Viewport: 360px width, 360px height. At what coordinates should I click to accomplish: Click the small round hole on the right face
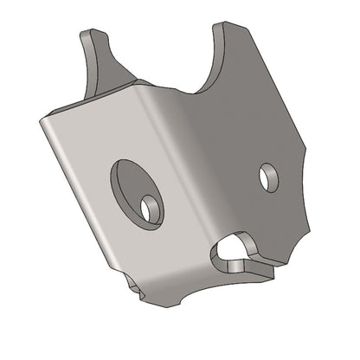tap(269, 177)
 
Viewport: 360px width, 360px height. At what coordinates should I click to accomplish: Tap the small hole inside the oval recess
tap(152, 208)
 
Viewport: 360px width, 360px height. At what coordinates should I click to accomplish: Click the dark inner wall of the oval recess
tap(121, 186)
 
